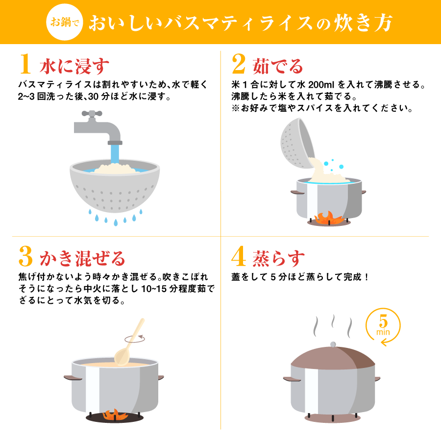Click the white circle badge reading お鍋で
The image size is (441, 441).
coord(65,22)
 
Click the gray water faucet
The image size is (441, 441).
coord(98,125)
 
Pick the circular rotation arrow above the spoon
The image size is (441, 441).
coord(136,338)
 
